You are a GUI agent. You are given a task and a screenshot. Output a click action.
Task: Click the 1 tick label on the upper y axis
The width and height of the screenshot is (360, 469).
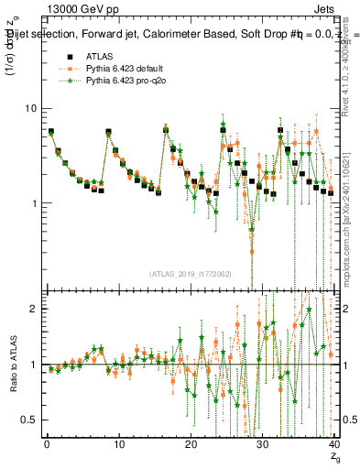pos(34,203)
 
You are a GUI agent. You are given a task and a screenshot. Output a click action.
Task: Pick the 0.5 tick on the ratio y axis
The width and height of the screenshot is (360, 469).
pos(29,420)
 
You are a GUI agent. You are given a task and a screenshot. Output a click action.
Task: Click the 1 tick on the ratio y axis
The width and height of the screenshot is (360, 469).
pos(34,365)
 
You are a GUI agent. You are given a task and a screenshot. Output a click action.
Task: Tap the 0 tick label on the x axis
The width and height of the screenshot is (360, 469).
pos(47,445)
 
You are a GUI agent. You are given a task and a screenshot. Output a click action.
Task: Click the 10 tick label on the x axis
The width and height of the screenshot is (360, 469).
pos(118,445)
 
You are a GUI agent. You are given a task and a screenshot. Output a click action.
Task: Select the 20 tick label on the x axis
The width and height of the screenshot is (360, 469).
pos(190,445)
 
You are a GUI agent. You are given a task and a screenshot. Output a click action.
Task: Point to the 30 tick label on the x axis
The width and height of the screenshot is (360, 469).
pos(261,445)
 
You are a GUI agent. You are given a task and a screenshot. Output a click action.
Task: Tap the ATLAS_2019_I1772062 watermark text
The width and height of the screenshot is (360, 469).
pos(191,273)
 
